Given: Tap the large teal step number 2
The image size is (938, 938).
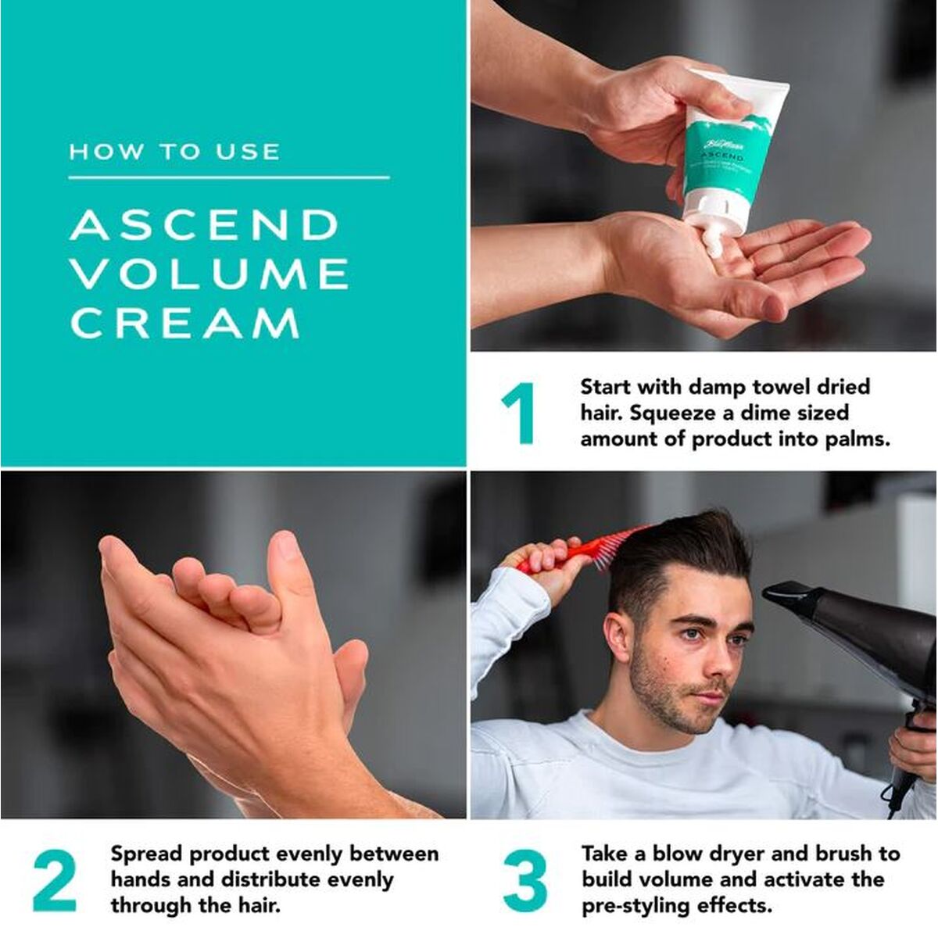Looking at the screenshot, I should pos(55,880).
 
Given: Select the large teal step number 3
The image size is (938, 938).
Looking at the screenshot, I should pos(524,880).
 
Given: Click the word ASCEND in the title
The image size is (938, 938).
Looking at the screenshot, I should pos(204,225).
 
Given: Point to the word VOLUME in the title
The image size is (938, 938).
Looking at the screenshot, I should pos(209,274).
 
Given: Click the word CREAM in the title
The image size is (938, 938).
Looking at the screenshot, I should pos(185,323).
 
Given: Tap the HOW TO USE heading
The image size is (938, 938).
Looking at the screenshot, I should pos(174,151).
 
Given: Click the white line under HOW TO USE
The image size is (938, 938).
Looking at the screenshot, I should pos(228,178).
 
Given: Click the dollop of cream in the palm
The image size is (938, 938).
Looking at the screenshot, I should pos(714,242).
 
